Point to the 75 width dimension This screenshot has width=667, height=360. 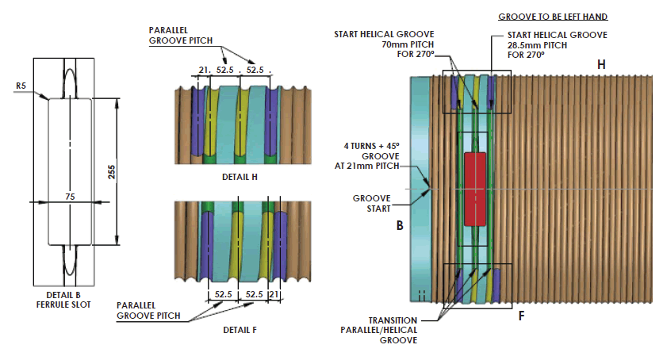pyautogui.click(x=71, y=195)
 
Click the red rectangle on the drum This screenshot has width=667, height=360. pyautogui.click(x=473, y=188)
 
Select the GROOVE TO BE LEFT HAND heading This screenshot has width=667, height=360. pyautogui.click(x=553, y=16)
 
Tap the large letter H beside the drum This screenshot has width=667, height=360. pyautogui.click(x=601, y=64)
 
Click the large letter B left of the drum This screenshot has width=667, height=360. pyautogui.click(x=400, y=225)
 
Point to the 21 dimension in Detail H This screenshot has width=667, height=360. pyautogui.click(x=204, y=70)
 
